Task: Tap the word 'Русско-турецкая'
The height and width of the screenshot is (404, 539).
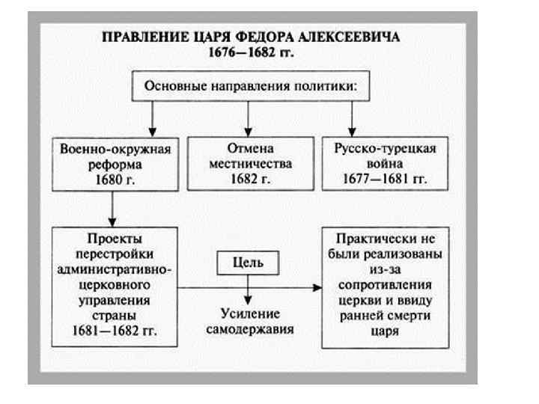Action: coord(383,149)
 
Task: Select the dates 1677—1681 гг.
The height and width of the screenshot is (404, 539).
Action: coord(383,180)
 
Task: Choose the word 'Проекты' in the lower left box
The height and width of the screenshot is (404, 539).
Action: coord(114,239)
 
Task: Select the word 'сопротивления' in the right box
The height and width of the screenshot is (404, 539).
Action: coord(383,285)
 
